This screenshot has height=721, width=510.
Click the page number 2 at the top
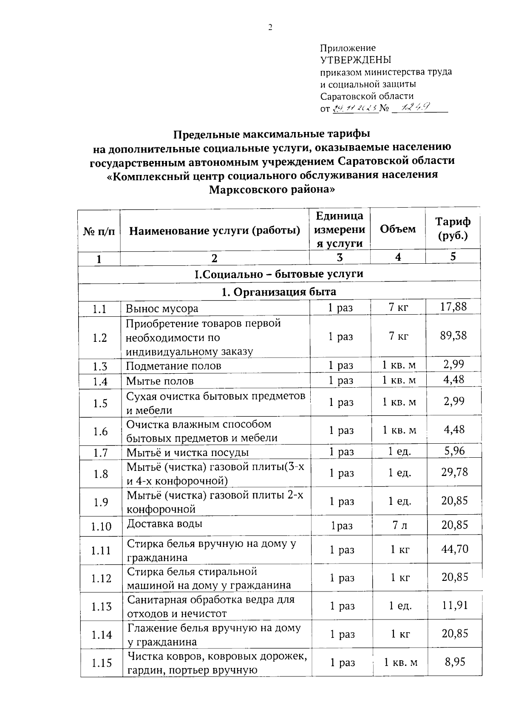270,28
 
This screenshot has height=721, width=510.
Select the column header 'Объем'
398,229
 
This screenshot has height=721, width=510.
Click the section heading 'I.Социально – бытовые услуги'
279,274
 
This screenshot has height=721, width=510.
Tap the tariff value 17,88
453,307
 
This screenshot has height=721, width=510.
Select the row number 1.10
101,527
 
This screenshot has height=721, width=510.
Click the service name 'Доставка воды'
164,524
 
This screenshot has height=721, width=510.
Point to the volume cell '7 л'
399,525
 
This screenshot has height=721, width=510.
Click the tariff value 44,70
454,549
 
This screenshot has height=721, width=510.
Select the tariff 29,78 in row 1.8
454,472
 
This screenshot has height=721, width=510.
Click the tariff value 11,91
455,605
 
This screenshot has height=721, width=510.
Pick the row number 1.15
101,662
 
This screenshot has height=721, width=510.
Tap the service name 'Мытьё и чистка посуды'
187,453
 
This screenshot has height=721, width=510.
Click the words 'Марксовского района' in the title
272,189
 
